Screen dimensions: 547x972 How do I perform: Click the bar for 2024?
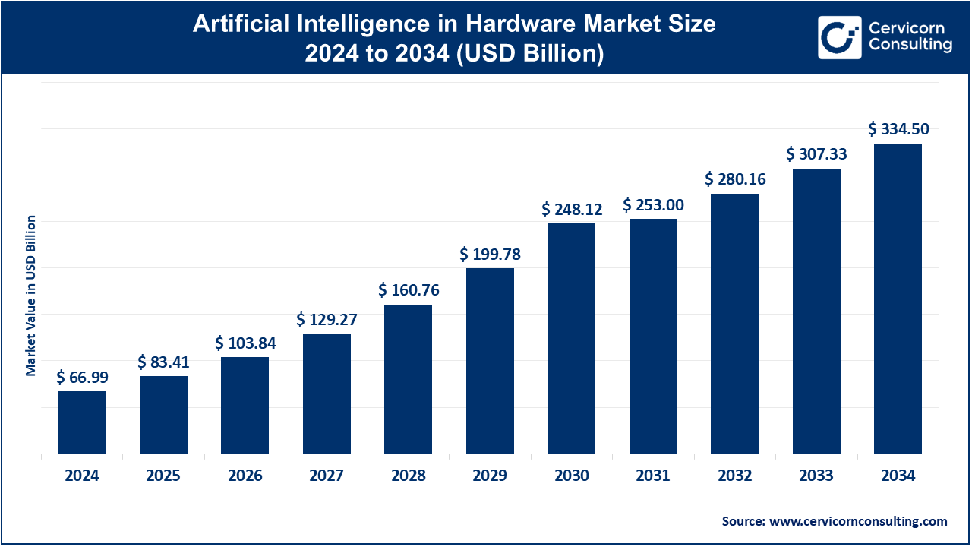81,422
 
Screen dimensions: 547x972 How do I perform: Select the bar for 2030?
571,338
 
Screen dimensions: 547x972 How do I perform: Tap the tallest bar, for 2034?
898,299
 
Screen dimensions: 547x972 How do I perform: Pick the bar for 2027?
327,394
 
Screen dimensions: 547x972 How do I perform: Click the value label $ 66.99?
81,378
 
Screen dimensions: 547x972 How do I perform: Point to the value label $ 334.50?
898,129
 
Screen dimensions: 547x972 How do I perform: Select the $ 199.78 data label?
490,254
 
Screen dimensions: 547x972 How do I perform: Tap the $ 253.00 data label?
653,204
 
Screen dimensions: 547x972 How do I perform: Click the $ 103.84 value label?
245,343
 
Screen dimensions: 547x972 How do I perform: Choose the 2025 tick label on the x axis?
163,476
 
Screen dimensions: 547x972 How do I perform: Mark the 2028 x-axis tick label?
409,476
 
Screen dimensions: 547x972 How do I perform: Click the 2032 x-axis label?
735,476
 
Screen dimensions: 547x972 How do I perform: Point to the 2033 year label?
816,476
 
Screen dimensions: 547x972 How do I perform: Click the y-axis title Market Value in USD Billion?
31,295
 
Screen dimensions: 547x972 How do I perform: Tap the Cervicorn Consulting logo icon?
838,37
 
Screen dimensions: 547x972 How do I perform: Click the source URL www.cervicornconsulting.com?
858,521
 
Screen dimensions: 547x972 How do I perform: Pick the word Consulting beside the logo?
910,45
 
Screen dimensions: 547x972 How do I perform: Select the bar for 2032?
734,324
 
